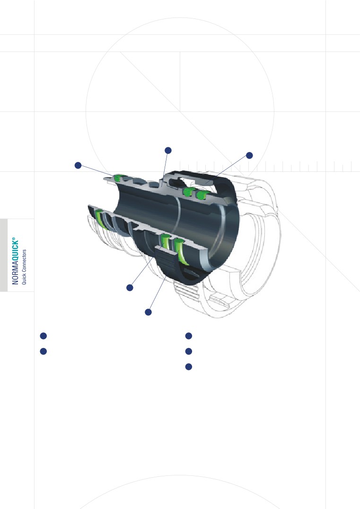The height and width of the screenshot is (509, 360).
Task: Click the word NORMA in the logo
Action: pos(15,273)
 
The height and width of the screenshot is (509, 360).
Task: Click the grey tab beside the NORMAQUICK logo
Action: pos(4,255)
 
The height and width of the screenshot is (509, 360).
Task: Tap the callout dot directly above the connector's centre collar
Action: pos(167,150)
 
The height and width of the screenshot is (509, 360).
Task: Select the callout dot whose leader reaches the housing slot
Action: pos(249,155)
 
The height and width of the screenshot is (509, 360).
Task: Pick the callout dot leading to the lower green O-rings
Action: pos(129,287)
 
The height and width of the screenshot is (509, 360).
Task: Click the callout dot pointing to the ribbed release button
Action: pos(148,312)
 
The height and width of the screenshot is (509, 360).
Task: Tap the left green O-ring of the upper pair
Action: pos(188,192)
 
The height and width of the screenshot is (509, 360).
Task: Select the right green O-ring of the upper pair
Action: pos(202,194)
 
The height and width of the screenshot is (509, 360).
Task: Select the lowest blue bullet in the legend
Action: pos(188,366)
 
